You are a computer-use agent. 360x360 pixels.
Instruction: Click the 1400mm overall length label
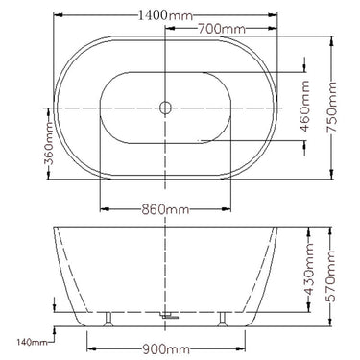point(165,16)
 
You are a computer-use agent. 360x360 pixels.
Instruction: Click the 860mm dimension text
point(165,208)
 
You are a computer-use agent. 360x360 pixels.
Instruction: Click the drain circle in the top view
point(165,108)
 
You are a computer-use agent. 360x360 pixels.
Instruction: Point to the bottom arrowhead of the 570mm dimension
point(333,322)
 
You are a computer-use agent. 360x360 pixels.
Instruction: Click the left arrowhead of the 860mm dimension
point(102,208)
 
